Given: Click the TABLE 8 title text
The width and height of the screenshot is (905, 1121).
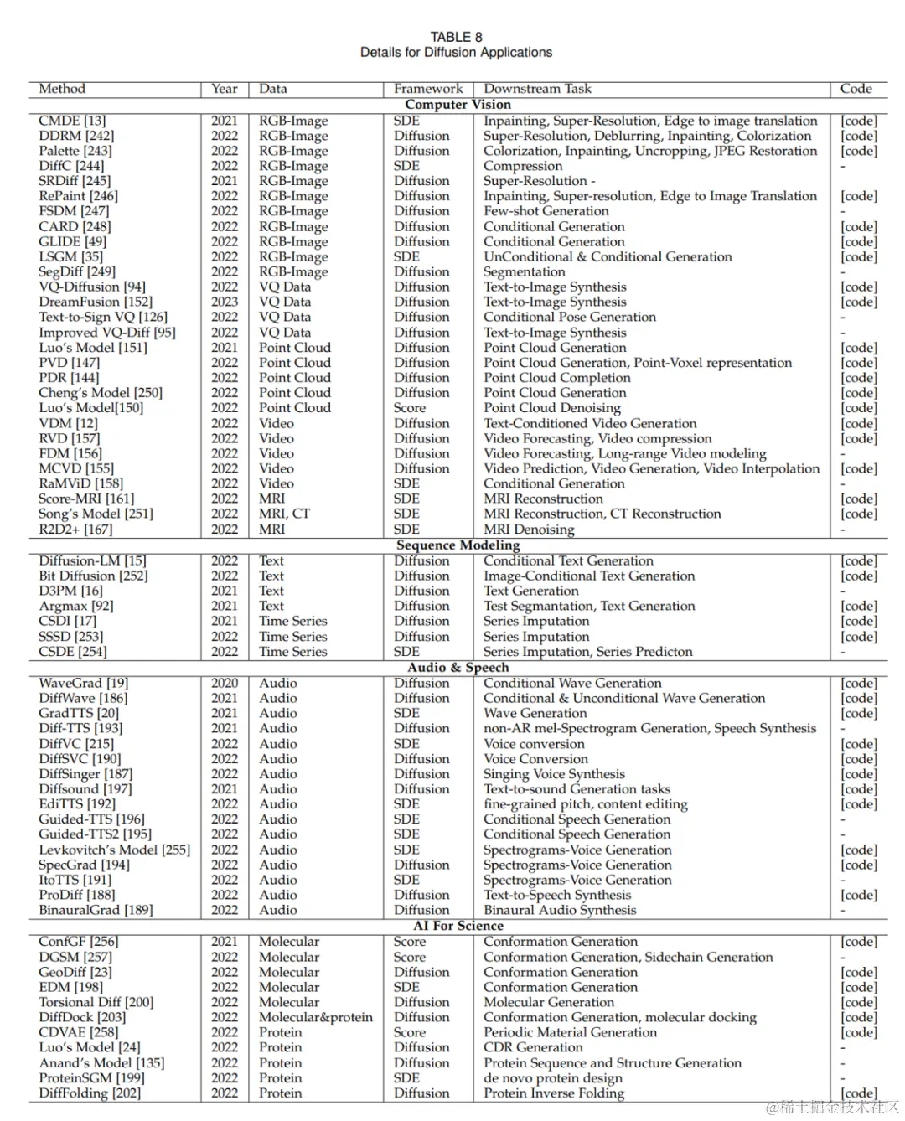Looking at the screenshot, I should click(x=456, y=37).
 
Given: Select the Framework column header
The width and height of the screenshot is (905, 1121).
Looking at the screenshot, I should click(x=427, y=89).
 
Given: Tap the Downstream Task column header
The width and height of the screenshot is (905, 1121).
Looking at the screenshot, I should click(x=537, y=89).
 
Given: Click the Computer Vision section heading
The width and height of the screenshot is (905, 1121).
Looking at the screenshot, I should click(x=458, y=105).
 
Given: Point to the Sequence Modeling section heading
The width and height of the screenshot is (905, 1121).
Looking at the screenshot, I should click(x=458, y=545).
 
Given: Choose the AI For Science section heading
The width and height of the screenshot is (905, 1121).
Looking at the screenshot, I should click(x=458, y=926).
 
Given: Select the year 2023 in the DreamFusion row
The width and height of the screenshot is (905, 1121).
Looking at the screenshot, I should click(x=225, y=302).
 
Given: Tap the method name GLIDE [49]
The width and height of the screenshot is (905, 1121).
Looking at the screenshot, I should click(x=72, y=241).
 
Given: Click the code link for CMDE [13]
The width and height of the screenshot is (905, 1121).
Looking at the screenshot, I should click(x=858, y=121).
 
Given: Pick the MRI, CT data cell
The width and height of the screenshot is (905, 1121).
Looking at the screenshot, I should click(x=284, y=514).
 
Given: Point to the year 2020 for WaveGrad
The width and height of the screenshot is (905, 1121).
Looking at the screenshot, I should click(x=225, y=683).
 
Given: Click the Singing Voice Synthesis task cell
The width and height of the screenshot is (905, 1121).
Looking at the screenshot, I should click(x=554, y=774).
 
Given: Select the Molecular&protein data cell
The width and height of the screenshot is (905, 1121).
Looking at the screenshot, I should click(x=315, y=1017).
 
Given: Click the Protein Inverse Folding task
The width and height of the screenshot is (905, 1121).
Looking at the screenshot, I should click(x=553, y=1093).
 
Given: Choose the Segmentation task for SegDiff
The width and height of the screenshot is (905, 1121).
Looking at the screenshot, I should click(x=524, y=271).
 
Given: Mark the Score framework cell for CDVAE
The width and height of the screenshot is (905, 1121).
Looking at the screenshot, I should click(x=409, y=1032).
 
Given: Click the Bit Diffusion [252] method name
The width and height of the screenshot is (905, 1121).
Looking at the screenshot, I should click(x=93, y=576).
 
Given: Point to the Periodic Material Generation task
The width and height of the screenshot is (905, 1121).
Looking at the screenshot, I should click(x=570, y=1032).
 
